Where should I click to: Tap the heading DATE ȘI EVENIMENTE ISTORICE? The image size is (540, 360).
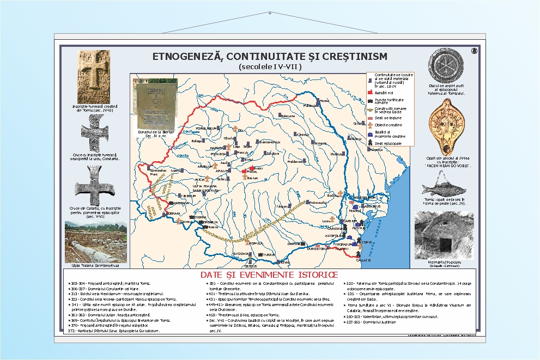(x=269, y=274)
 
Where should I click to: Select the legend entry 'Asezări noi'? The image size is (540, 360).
(x=385, y=93)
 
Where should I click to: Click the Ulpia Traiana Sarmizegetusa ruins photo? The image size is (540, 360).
(x=88, y=241)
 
